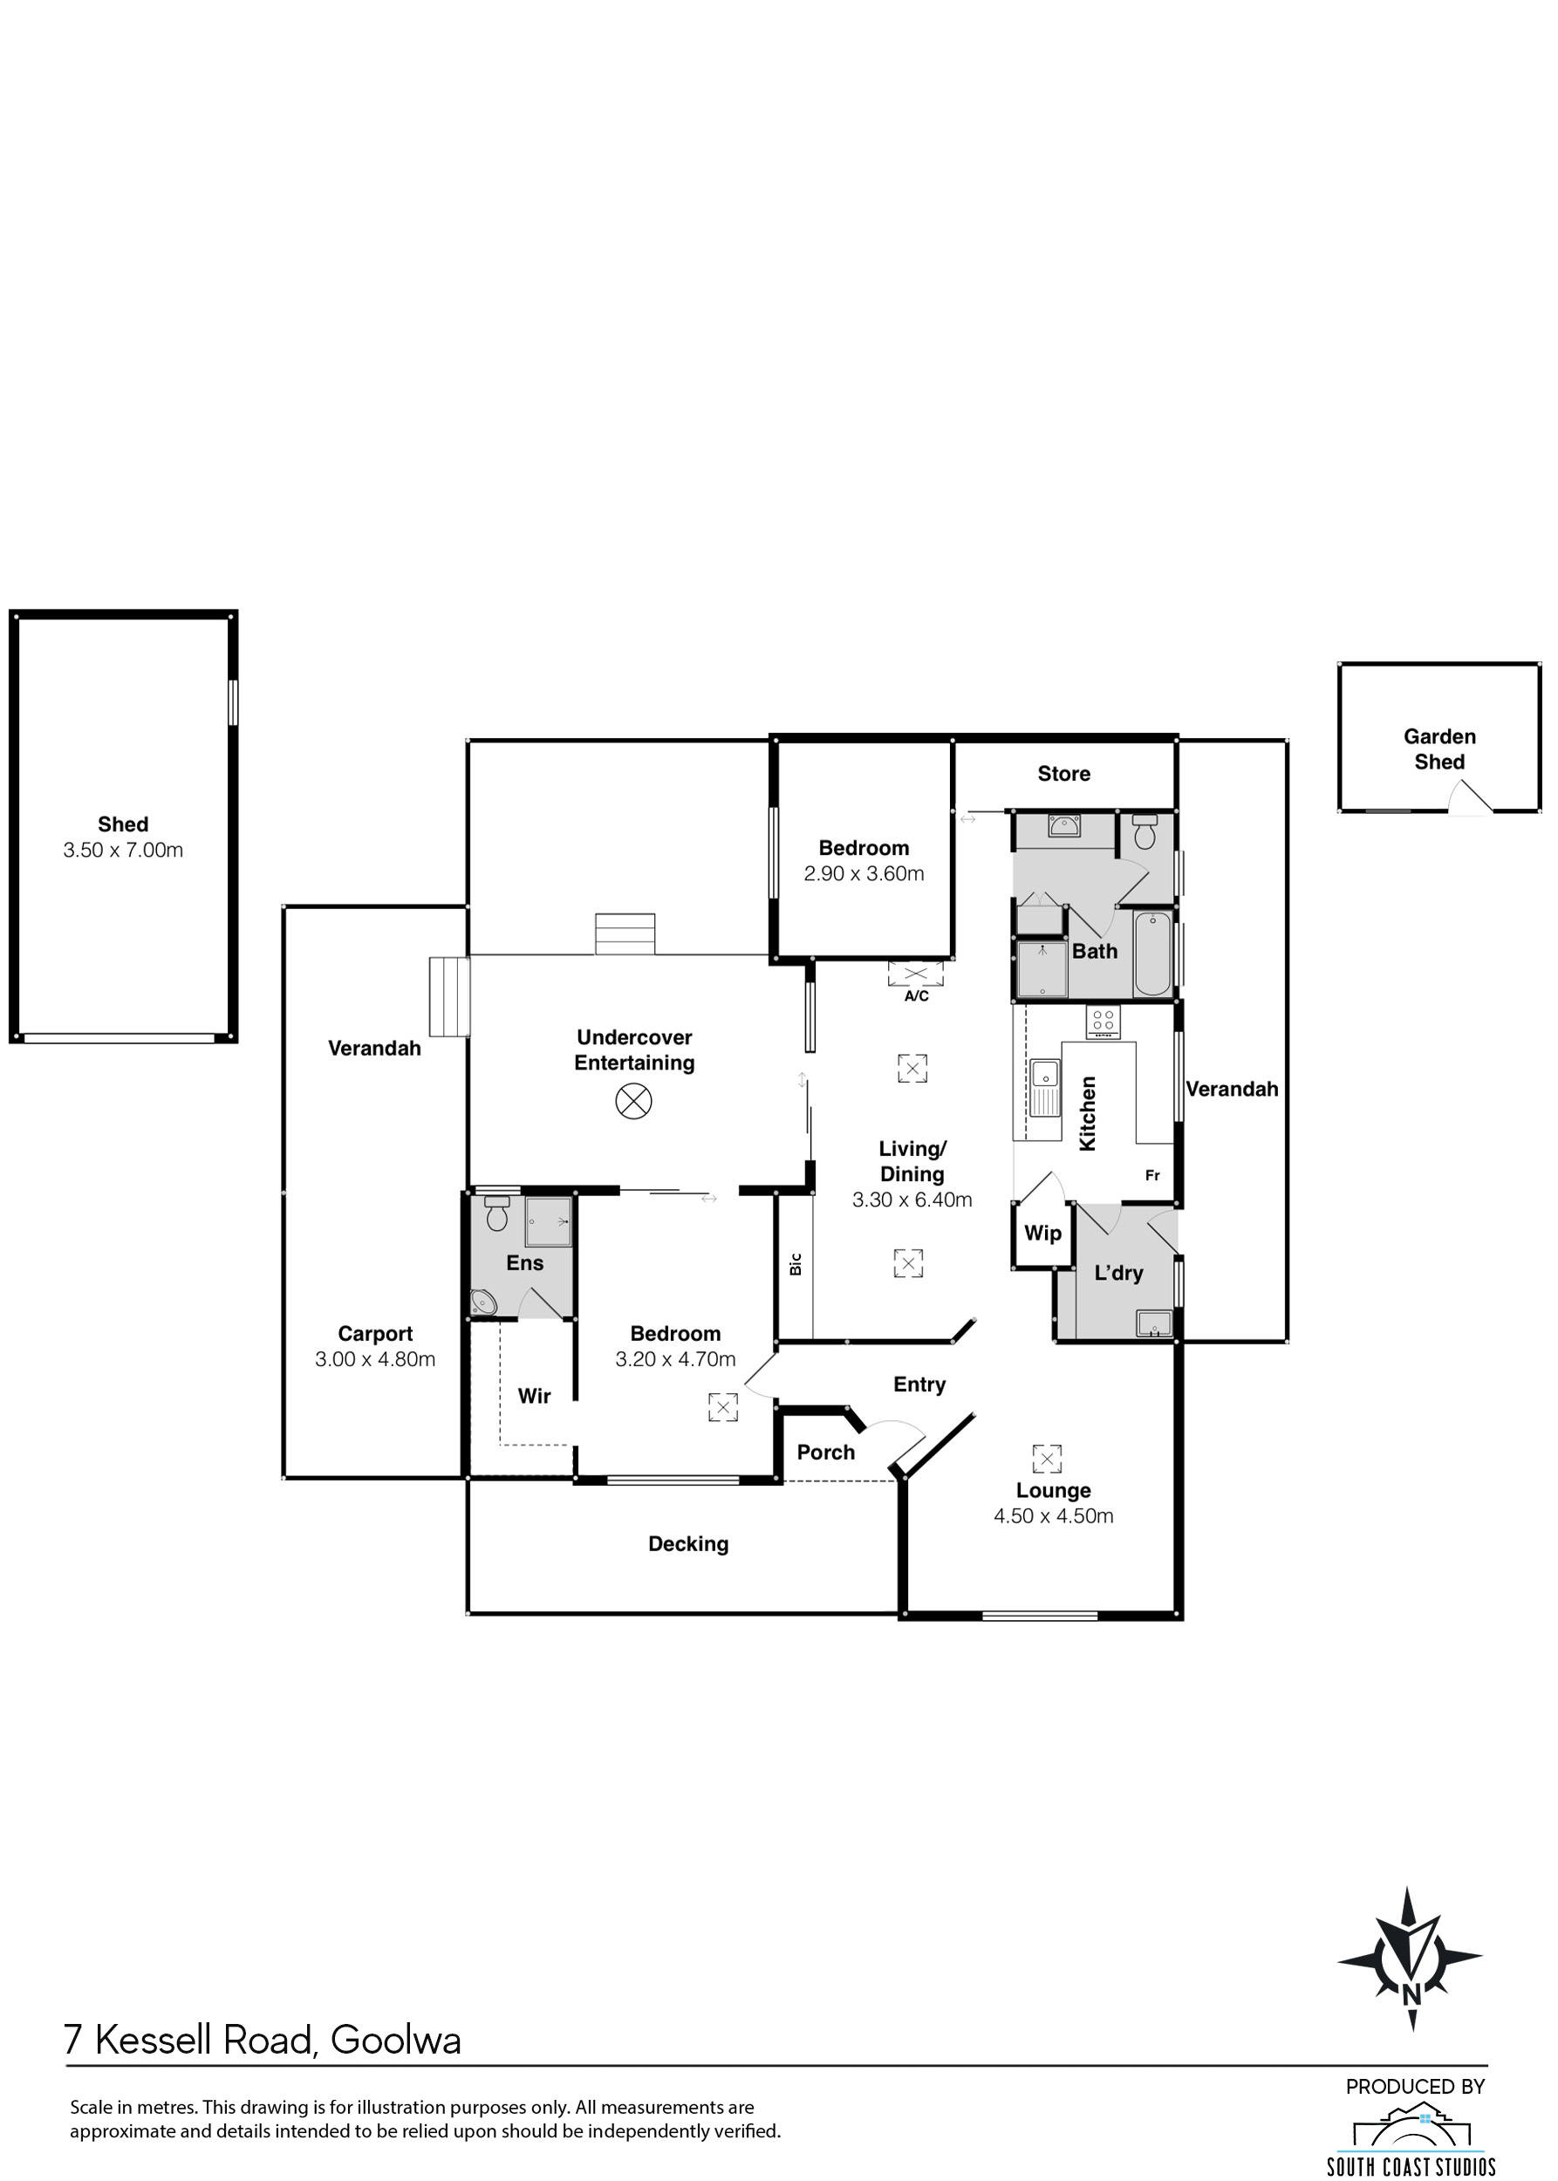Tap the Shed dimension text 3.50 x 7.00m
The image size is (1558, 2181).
coord(123,849)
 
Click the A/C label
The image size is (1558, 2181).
coord(916,996)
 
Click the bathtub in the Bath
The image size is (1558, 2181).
coord(1152,954)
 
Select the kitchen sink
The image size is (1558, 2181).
coord(1045,1087)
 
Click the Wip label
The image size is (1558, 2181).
coord(1042,1233)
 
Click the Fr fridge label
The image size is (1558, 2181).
coord(1152,1175)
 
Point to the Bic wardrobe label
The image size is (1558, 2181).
coord(796,1264)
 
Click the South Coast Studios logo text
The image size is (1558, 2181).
coord(1411,2167)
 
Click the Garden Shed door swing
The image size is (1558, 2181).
coord(1471,797)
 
